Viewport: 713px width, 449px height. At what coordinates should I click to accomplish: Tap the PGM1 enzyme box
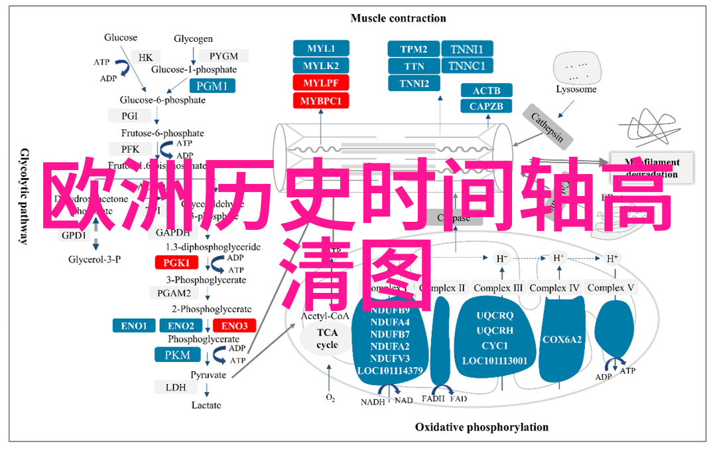[212, 86]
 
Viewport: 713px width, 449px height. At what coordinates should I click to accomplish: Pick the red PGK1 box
[177, 263]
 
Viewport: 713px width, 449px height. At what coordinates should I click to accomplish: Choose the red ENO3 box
[234, 325]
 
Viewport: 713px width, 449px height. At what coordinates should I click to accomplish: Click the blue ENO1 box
[134, 325]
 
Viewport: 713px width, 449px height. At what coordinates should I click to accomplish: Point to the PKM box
[177, 355]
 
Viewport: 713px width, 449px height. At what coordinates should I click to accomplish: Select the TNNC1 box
[466, 66]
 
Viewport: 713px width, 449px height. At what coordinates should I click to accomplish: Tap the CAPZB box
[486, 106]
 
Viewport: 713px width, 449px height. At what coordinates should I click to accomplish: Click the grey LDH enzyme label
[176, 387]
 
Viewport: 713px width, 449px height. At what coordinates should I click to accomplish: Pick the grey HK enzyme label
[145, 58]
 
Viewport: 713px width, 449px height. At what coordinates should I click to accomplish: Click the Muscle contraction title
[398, 18]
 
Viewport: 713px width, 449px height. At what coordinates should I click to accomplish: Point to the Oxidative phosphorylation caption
[482, 427]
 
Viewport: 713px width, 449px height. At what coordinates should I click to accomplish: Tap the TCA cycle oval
[327, 339]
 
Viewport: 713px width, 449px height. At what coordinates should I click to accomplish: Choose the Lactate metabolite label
[206, 405]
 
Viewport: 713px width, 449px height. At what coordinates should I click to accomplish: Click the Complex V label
[611, 288]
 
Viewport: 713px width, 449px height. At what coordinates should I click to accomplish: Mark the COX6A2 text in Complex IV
[562, 339]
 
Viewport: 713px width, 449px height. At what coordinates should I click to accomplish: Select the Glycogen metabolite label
[193, 39]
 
